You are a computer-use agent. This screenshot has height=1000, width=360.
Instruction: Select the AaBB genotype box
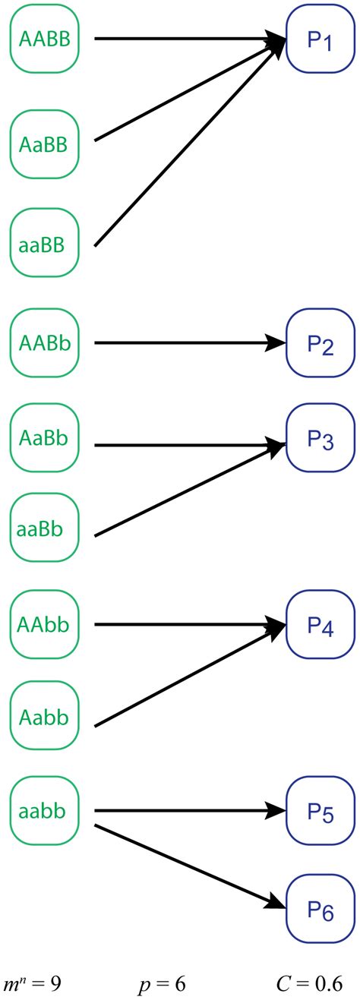point(44,142)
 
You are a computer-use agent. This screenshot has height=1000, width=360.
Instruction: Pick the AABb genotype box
point(44,344)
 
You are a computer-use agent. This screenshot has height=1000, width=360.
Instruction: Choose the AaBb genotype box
point(44,438)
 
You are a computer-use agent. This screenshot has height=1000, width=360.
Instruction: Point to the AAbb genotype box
point(44,624)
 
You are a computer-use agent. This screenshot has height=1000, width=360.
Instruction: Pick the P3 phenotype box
point(320,439)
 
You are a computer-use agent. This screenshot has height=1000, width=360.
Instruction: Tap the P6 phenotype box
point(320,907)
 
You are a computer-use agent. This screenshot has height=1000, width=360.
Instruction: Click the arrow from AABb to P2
point(186,344)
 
